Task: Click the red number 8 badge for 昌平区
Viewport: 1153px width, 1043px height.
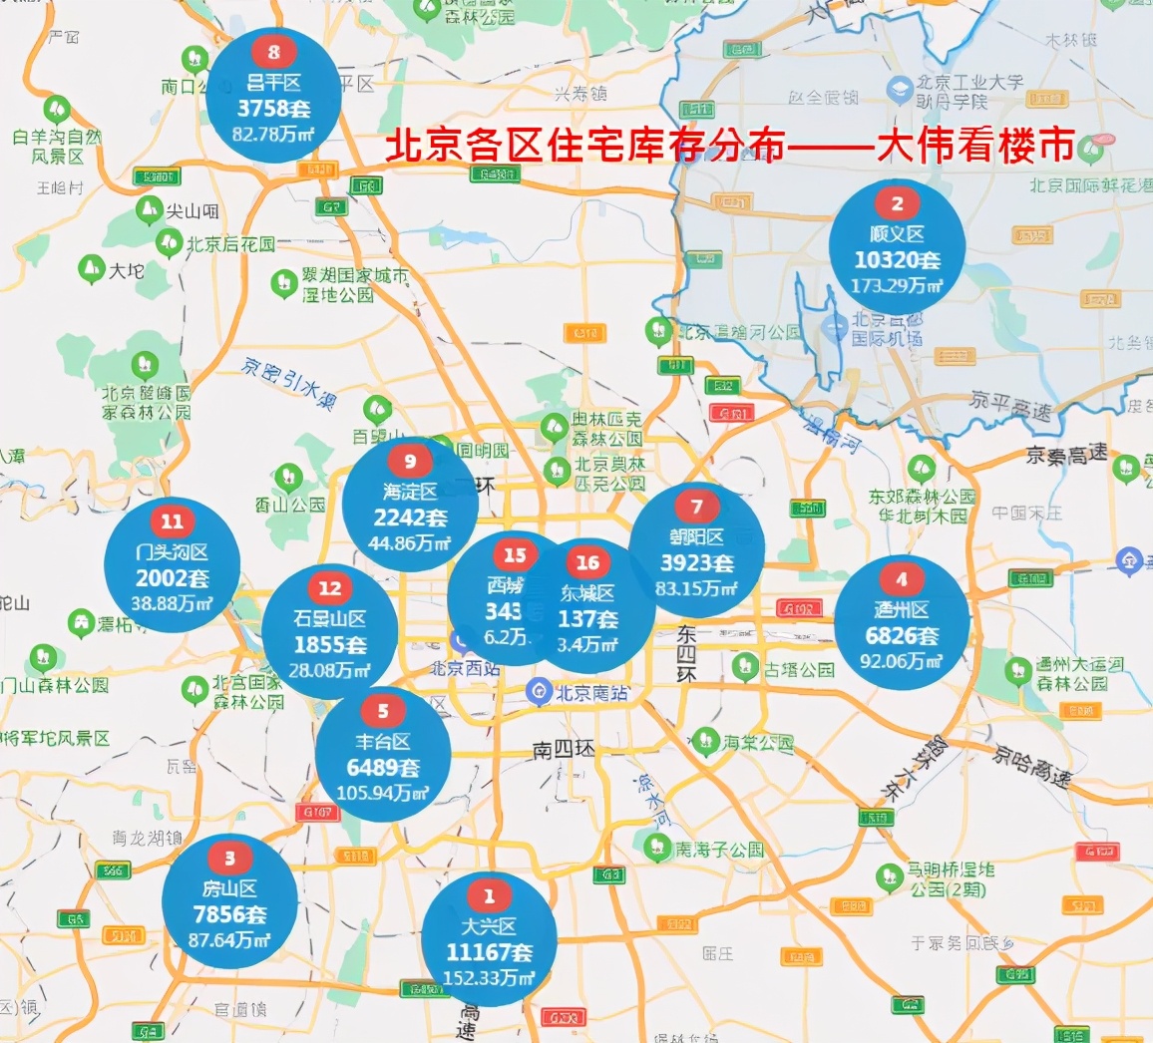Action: click(x=273, y=51)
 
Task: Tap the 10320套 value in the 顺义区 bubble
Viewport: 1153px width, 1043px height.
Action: click(x=897, y=260)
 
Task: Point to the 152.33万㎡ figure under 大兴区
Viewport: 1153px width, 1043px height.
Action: click(x=489, y=978)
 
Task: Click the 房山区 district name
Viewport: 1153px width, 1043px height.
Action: click(x=229, y=888)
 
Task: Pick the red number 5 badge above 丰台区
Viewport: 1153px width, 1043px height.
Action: click(x=383, y=712)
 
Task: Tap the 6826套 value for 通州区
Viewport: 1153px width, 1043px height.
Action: click(x=902, y=635)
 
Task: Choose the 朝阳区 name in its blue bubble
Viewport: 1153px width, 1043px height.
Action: click(x=696, y=537)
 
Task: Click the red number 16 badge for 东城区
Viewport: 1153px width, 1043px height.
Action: click(x=587, y=563)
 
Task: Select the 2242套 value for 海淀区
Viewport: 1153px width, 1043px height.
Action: click(x=410, y=518)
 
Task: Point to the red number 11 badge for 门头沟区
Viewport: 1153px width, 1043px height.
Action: click(x=173, y=521)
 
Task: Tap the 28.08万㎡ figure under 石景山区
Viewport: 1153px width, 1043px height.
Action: click(x=329, y=670)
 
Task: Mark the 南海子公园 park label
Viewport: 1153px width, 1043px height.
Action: click(x=718, y=850)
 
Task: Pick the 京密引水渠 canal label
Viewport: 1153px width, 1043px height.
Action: click(x=289, y=383)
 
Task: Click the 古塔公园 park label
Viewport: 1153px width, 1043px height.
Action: click(x=799, y=669)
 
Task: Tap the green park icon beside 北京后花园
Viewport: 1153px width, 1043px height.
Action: click(x=169, y=242)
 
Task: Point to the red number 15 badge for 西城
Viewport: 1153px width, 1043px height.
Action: click(x=515, y=555)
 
